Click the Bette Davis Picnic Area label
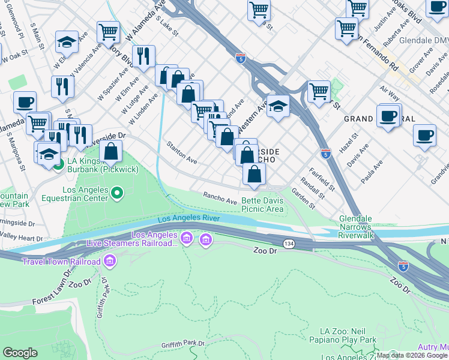pyautogui.click(x=262, y=205)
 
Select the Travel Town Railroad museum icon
pyautogui.click(x=109, y=262)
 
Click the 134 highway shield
pyautogui.click(x=289, y=243)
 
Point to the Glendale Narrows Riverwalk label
pyautogui.click(x=357, y=227)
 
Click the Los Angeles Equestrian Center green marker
pyautogui.click(x=118, y=193)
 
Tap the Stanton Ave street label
pyautogui.click(x=182, y=152)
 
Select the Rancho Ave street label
pyautogui.click(x=220, y=197)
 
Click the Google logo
pyautogui.click(x=20, y=353)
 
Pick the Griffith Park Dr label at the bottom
pyautogui.click(x=183, y=344)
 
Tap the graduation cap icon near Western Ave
pyautogui.click(x=278, y=107)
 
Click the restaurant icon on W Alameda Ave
pyautogui.click(x=143, y=56)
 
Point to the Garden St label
pyautogui.click(x=303, y=199)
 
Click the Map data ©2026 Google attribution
pyautogui.click(x=412, y=355)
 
